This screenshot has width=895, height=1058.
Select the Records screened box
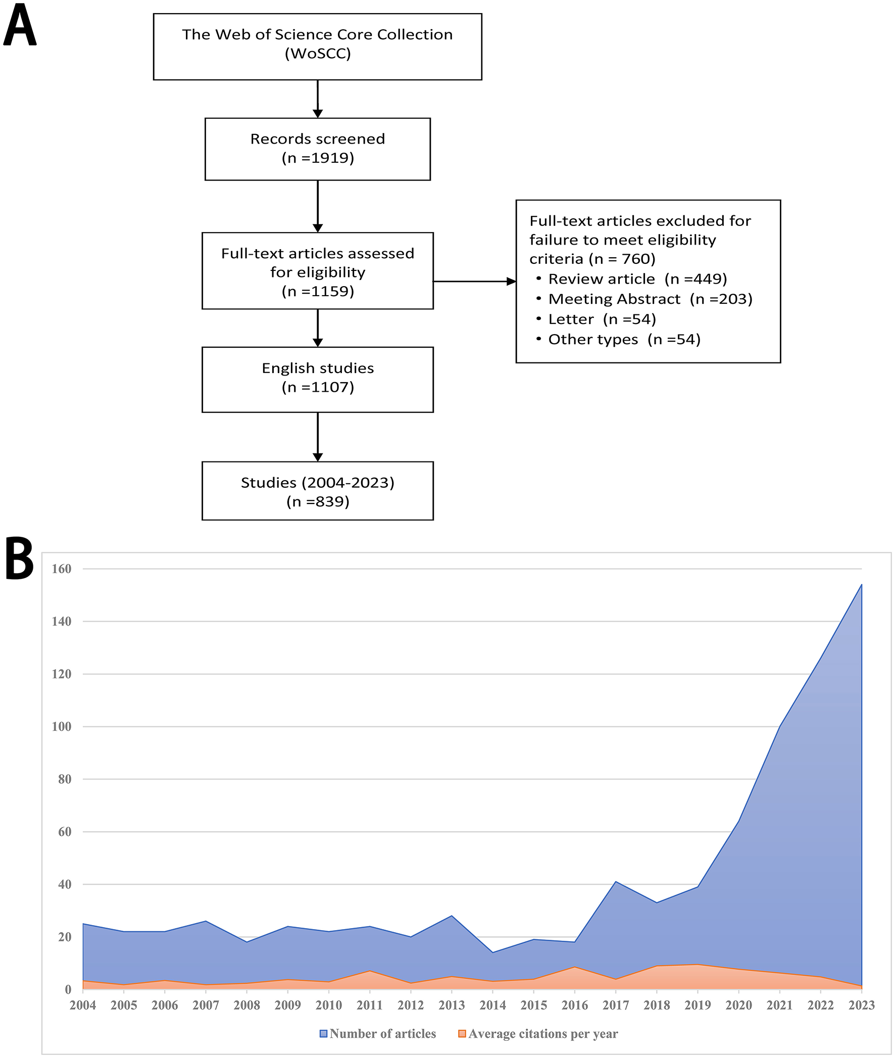coord(318,149)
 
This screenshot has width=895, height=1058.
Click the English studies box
coord(318,379)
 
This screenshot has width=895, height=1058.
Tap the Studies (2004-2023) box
coord(318,491)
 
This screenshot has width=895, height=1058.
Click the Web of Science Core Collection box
coord(318,46)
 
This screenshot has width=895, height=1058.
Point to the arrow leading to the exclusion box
coord(474,281)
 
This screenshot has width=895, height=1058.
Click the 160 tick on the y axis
coord(62,569)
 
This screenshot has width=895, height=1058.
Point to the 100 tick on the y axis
coord(62,726)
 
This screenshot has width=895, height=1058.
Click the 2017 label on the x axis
coord(616,1005)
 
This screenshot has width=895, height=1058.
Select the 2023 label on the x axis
coord(862,1005)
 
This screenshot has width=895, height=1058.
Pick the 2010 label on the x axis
coord(328,1005)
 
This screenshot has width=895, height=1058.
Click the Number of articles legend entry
coord(377,1034)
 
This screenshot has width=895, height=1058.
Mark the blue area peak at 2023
coord(861,585)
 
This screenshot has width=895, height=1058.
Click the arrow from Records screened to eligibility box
coord(318,206)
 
